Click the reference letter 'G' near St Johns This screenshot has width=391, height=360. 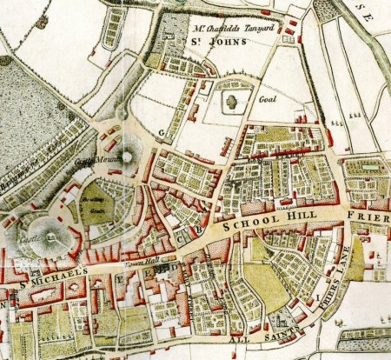(x=162, y=131)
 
